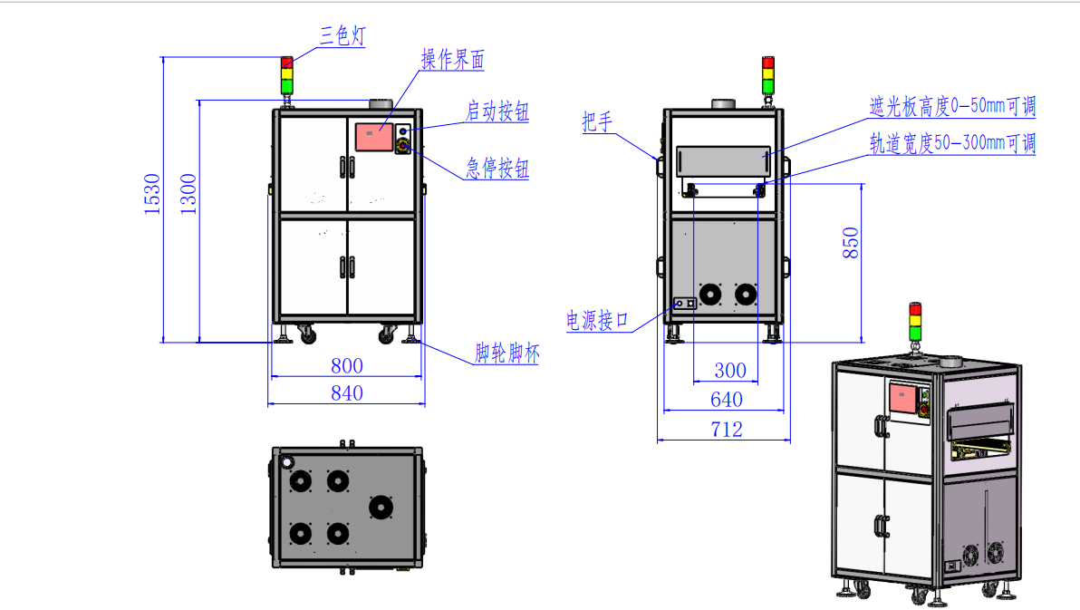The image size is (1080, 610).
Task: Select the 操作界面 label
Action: (452, 60)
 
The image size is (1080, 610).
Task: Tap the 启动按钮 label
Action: (497, 111)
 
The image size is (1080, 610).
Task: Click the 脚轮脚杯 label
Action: (506, 353)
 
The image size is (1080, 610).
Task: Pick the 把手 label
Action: (597, 122)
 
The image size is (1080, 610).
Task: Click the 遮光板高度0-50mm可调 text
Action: (951, 107)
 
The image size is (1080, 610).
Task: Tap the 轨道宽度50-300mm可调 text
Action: (951, 143)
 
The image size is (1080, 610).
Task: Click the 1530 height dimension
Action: (151, 193)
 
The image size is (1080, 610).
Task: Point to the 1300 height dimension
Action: (188, 193)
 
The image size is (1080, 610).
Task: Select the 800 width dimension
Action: (346, 365)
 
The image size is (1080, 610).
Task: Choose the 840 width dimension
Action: (346, 392)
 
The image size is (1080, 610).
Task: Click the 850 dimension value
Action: (851, 243)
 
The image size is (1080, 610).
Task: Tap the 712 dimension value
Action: (727, 429)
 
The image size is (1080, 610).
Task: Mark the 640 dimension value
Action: (727, 399)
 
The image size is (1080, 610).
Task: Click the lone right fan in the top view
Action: (381, 507)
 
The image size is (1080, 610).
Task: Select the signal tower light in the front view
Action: (287, 75)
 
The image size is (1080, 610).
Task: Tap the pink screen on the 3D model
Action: (904, 400)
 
